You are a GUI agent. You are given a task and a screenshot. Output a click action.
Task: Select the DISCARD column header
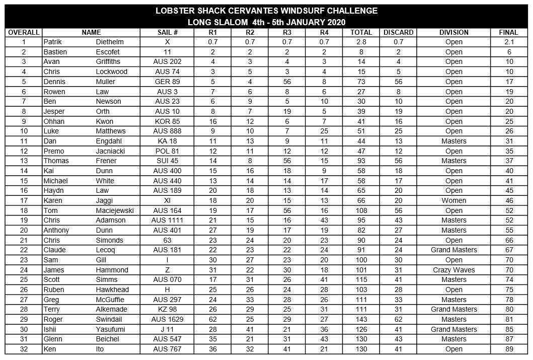click(398, 32)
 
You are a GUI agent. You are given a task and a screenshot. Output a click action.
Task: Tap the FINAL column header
click(508, 32)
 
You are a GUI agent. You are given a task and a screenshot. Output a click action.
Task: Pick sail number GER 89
click(168, 82)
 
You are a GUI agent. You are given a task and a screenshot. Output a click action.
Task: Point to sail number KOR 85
click(168, 121)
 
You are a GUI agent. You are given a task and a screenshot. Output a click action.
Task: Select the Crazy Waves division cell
click(453, 270)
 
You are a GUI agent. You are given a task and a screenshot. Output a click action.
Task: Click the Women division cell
click(453, 200)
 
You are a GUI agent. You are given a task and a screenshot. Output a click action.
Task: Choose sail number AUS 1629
click(168, 319)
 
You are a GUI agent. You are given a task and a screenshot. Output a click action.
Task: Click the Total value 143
click(361, 319)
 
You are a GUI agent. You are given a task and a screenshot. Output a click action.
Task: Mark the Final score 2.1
click(509, 42)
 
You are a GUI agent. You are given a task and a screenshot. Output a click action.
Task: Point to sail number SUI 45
click(168, 161)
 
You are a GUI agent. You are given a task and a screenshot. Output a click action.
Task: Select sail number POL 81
click(168, 151)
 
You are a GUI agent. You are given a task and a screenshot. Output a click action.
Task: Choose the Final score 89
click(509, 349)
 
